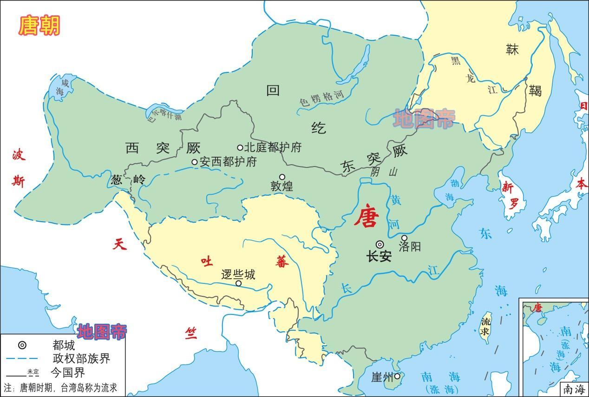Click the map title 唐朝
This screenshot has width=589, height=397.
39,26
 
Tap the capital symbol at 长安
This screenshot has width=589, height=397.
380,244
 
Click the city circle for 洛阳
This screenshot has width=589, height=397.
404,238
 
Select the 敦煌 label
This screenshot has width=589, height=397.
282,186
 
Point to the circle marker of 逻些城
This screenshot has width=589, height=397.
238,283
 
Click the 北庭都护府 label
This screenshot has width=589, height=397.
273,147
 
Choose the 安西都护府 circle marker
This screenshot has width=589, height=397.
195,162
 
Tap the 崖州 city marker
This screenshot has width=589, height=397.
397,376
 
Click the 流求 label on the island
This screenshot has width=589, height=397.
485,326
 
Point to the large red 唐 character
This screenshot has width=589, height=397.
366,217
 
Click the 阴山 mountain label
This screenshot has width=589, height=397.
384,172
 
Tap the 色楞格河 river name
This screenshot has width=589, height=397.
321,98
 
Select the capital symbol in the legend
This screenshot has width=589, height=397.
22,345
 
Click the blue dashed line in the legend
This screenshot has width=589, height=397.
22,359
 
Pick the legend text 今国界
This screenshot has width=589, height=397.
68,372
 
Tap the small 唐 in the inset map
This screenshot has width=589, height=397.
538,307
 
